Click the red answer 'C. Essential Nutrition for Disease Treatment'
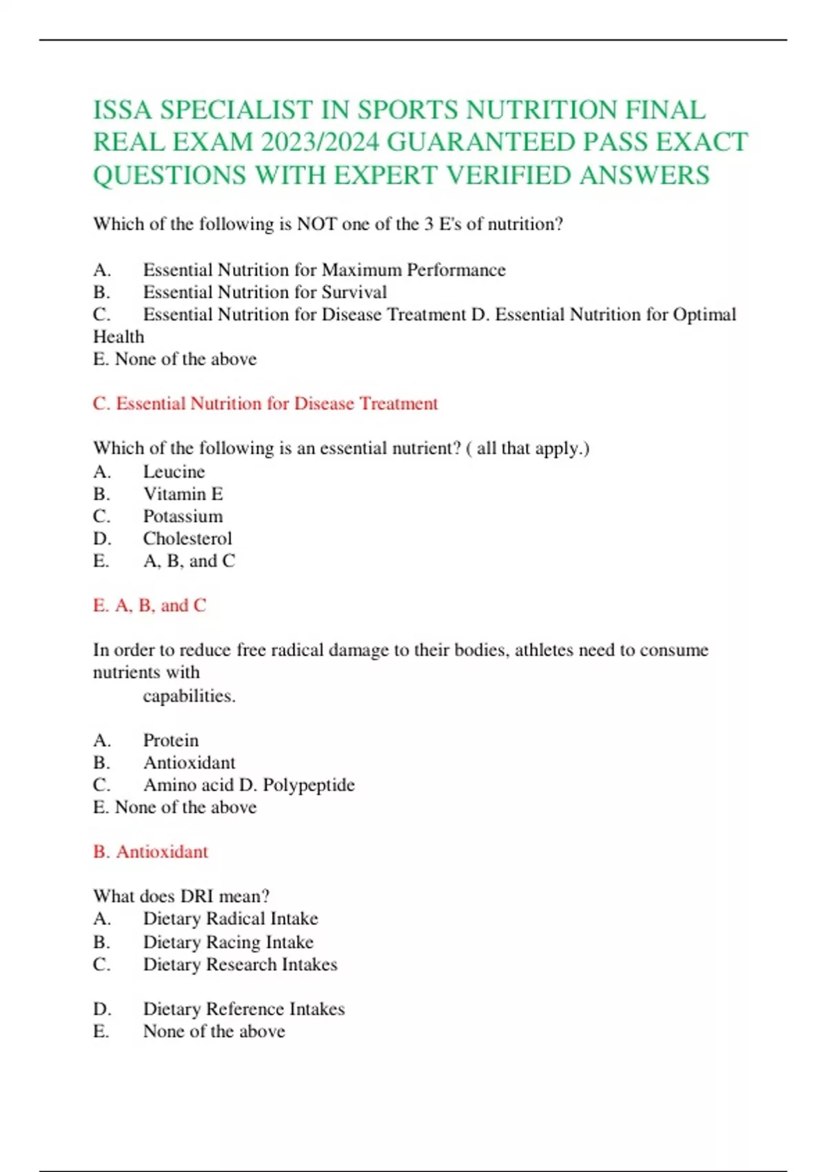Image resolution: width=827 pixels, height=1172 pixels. [x=265, y=403]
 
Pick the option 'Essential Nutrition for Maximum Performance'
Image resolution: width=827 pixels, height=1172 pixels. [x=324, y=270]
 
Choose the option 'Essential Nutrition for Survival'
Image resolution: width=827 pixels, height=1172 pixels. [x=265, y=292]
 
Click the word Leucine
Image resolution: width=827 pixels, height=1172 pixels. [x=174, y=472]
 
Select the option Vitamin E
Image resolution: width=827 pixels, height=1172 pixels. [x=183, y=494]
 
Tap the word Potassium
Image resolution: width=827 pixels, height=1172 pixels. [x=183, y=516]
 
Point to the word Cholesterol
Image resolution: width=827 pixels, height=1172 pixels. [x=187, y=538]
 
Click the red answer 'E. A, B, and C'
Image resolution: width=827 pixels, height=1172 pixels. [x=150, y=605]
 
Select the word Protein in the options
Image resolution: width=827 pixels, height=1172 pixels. [x=171, y=740]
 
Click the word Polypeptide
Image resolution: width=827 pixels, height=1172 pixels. [x=309, y=785]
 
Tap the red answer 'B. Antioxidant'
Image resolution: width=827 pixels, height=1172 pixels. [x=150, y=852]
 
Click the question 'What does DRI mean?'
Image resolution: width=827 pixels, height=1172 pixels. [x=181, y=896]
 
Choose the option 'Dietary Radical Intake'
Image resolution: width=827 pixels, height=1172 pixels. [x=230, y=919]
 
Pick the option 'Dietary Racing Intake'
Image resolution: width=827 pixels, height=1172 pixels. [x=228, y=942]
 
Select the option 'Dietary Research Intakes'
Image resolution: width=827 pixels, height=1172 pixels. [x=240, y=964]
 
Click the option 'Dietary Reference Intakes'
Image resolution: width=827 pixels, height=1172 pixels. [x=243, y=1009]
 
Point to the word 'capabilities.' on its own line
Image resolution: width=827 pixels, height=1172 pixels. [x=189, y=696]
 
